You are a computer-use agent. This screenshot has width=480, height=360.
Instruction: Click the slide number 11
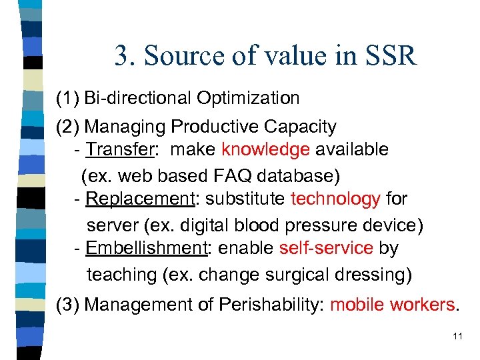coord(457,336)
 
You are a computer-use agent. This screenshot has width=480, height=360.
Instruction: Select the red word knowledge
coord(265,149)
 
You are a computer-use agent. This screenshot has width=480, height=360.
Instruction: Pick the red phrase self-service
coord(326,248)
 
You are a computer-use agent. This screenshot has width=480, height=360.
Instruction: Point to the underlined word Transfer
coord(120,149)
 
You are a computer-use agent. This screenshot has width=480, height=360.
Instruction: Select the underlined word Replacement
coord(138,199)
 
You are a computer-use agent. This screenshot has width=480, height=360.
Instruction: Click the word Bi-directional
coord(138,99)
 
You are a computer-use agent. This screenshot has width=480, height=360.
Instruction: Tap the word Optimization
coord(248,99)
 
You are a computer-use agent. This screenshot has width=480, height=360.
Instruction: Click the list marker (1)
coord(68,99)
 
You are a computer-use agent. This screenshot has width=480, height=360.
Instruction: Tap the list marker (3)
coord(68,305)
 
